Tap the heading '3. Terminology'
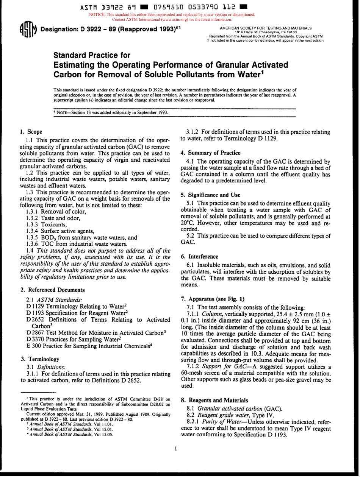39,359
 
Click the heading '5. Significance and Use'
211,195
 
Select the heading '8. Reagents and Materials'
214,400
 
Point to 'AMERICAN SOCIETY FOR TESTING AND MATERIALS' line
265,28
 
